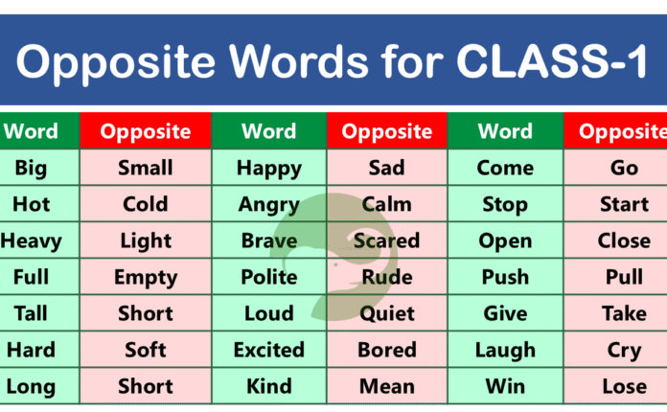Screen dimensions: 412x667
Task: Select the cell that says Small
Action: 146,168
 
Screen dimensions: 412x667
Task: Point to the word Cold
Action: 146,204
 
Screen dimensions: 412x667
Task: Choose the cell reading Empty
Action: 146,277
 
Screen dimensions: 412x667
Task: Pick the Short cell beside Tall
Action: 146,313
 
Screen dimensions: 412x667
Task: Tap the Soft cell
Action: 146,350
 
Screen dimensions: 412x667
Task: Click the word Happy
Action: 268,168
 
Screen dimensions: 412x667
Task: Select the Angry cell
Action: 268,204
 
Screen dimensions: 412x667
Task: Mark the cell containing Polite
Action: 268,277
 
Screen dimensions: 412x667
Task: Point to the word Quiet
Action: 387,313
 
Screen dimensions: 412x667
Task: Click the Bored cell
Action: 387,350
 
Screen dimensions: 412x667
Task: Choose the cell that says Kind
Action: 268,386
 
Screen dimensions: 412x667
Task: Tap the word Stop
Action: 505,204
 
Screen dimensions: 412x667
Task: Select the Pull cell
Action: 624,277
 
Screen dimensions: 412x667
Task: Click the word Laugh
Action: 505,350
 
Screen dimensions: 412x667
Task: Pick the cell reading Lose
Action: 624,386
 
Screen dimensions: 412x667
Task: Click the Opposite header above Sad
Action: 387,131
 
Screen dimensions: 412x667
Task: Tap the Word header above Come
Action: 505,131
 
